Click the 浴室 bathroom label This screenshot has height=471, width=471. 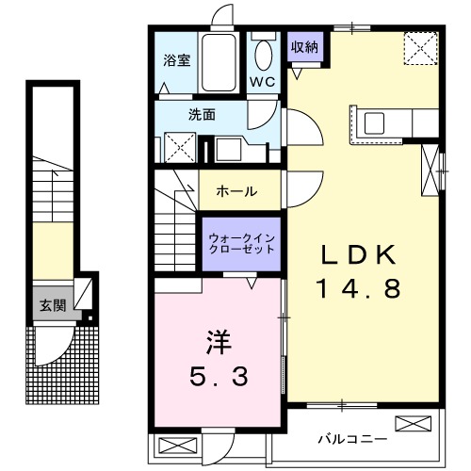[x=177, y=58]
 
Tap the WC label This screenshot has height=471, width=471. [x=263, y=83]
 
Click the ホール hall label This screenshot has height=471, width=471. [x=236, y=191]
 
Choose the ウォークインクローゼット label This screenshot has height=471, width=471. [x=241, y=244]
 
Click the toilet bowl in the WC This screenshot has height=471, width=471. [x=263, y=52]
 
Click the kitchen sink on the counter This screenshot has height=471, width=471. [x=374, y=122]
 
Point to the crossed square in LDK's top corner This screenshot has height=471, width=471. [x=418, y=47]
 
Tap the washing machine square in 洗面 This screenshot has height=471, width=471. [x=180, y=149]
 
